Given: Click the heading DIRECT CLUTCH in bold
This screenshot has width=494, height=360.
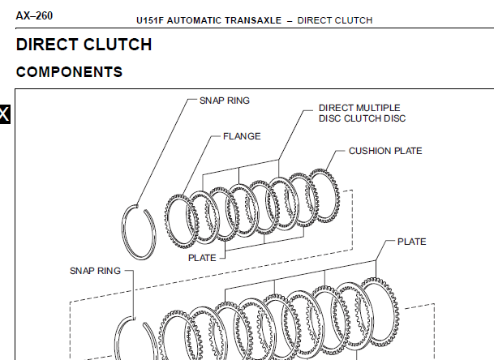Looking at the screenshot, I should tap(84, 45).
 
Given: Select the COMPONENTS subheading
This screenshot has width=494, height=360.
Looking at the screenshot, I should tap(69, 72).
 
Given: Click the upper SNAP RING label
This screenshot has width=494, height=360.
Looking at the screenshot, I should tap(225, 101).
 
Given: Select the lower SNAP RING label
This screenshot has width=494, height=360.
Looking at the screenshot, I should tap(95, 270).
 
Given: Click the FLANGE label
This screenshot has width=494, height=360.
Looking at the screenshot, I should tap(242, 136).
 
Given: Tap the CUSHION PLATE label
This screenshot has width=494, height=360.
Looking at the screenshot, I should tap(385, 151).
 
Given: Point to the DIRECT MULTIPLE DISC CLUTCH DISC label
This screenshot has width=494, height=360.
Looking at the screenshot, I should tap(362, 113).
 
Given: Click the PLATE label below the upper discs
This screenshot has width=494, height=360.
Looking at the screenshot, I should tap(202, 258).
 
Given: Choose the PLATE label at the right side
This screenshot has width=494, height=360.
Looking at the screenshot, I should tap(412, 242).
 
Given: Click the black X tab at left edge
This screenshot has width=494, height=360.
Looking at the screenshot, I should tap(5, 114).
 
